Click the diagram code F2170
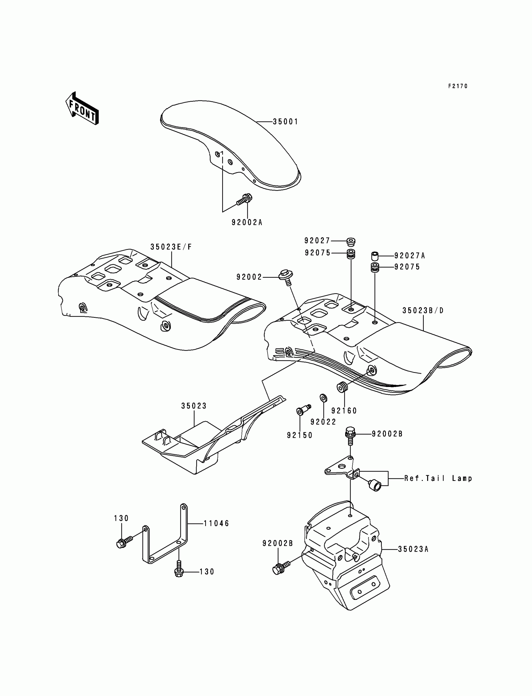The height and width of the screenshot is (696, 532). click(458, 86)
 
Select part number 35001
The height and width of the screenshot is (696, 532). click(285, 122)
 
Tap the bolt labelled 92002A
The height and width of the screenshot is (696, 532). click(244, 200)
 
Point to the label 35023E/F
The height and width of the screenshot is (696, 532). click(171, 247)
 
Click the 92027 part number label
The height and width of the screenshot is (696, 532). click(317, 241)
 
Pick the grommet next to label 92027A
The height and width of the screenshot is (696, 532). click(375, 255)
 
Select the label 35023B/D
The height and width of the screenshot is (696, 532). click(423, 311)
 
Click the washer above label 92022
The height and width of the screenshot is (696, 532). click(323, 398)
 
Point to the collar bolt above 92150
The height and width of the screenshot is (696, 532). click(303, 410)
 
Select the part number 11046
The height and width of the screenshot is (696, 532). click(216, 523)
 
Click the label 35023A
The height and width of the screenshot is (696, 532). click(413, 549)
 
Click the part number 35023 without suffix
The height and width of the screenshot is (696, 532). click(194, 406)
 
